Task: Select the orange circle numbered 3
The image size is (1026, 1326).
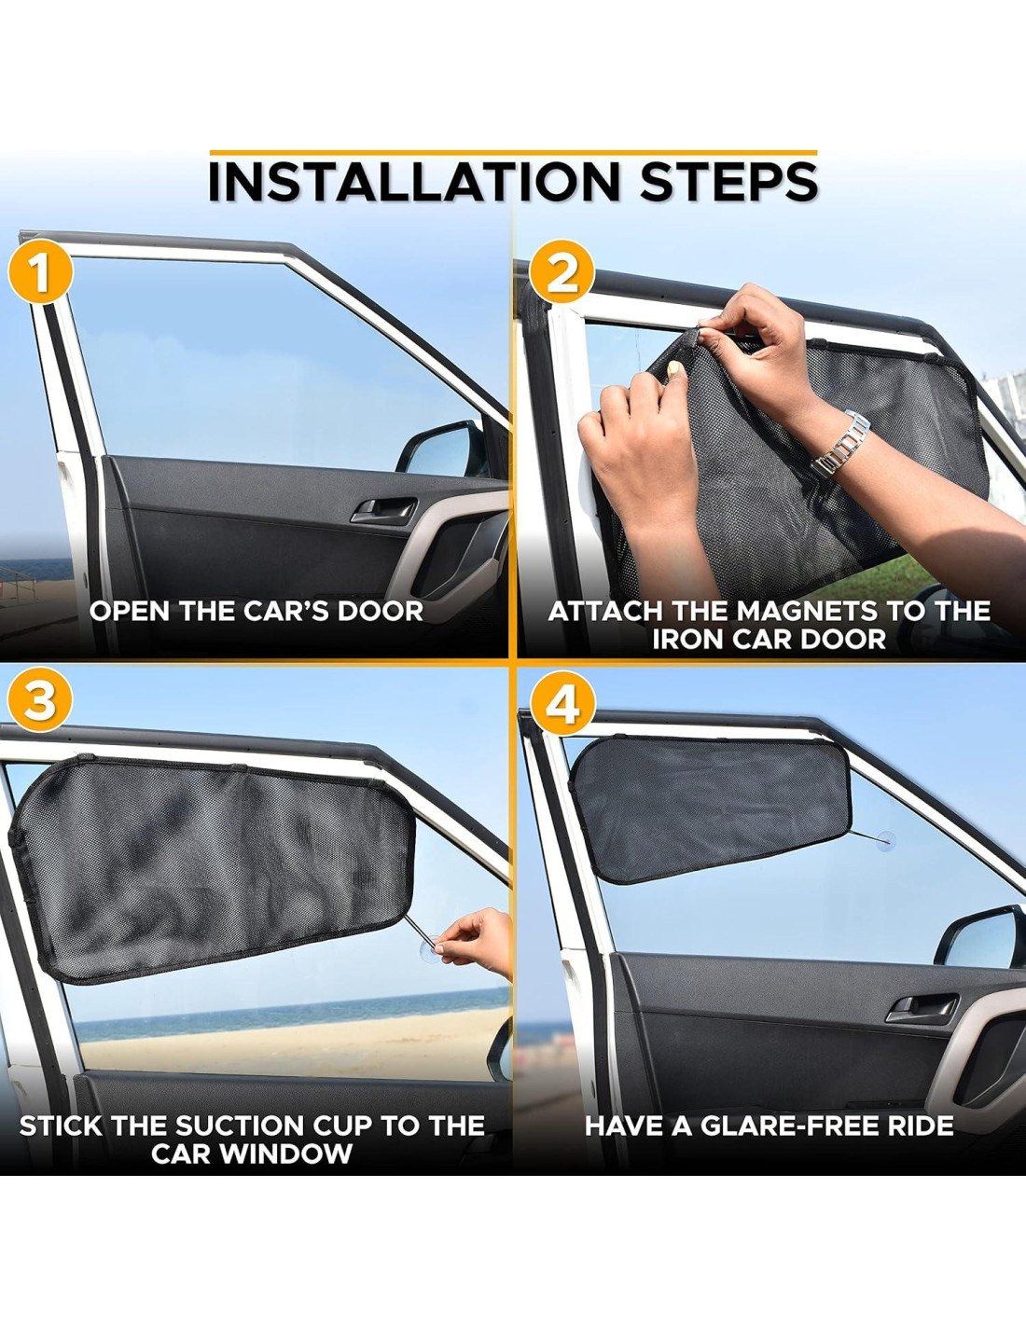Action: coord(40,700)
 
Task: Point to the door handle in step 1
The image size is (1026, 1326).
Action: coord(384,510)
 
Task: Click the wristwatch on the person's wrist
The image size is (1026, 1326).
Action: coord(841,444)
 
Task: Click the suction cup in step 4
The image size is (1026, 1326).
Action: coord(885,841)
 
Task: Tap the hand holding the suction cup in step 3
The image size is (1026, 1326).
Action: coord(476,942)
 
